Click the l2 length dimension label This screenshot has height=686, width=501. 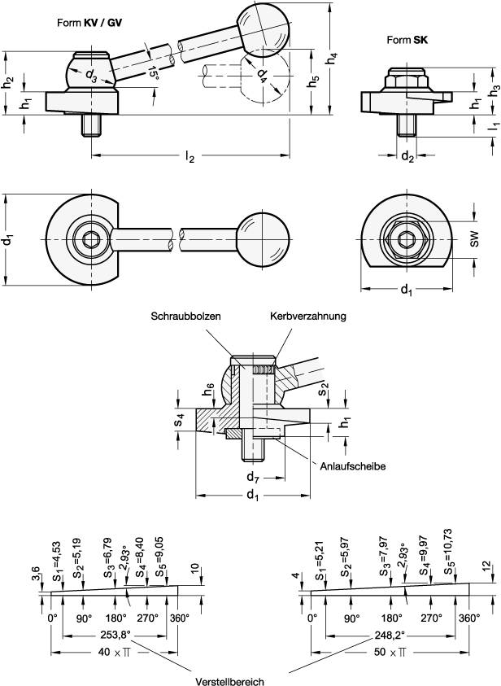coord(189,158)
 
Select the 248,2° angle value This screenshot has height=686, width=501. coord(381,635)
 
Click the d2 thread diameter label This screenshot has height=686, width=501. coord(407,158)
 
